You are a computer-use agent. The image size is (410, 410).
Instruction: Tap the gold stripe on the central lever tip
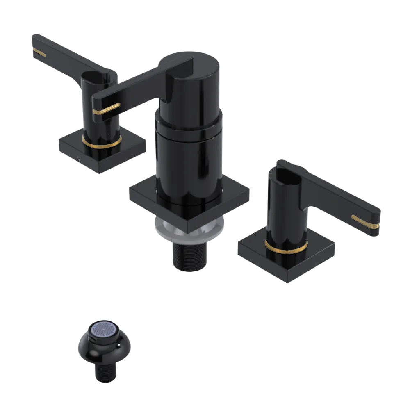point(106,109)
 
